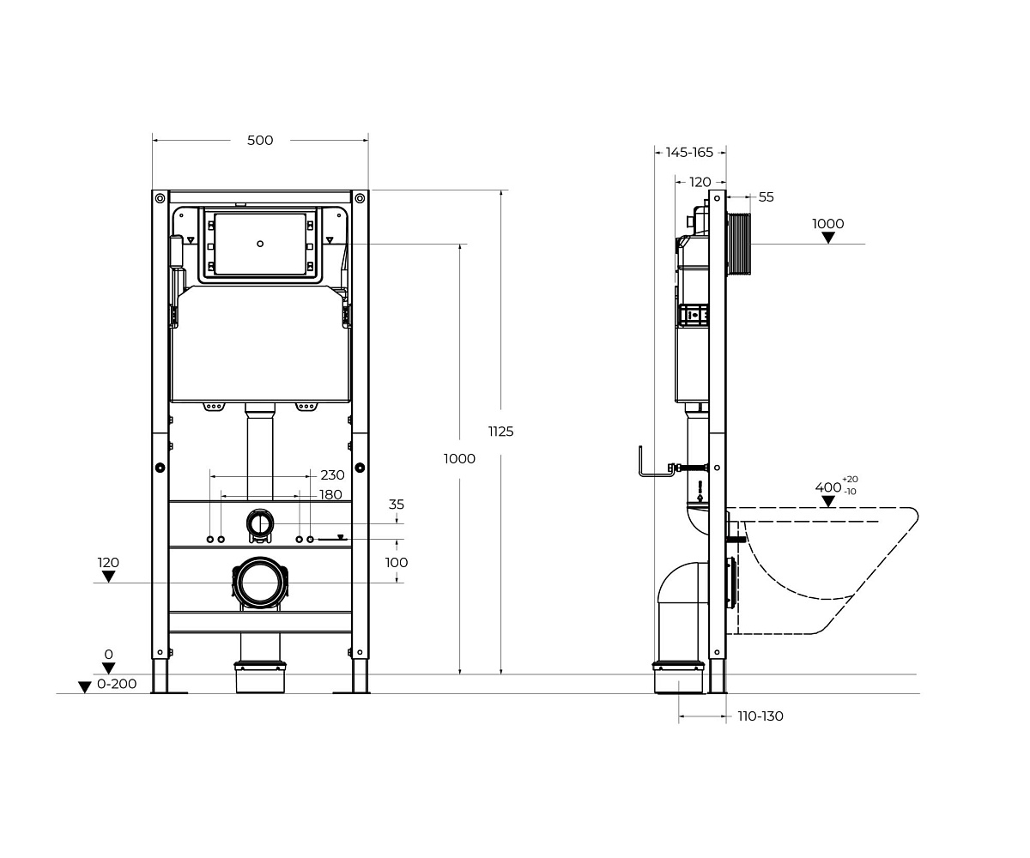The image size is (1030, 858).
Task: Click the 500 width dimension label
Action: [260, 141]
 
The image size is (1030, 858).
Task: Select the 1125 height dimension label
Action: [500, 432]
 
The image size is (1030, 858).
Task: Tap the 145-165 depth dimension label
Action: [689, 153]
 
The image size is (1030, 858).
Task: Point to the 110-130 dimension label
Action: [760, 716]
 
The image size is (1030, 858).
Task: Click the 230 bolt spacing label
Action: [332, 475]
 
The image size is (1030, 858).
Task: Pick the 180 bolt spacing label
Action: [330, 494]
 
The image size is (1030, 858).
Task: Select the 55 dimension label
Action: [766, 197]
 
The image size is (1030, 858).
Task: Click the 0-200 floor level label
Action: [117, 684]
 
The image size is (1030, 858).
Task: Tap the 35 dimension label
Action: [396, 505]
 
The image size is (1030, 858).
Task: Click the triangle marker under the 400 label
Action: [828, 501]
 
